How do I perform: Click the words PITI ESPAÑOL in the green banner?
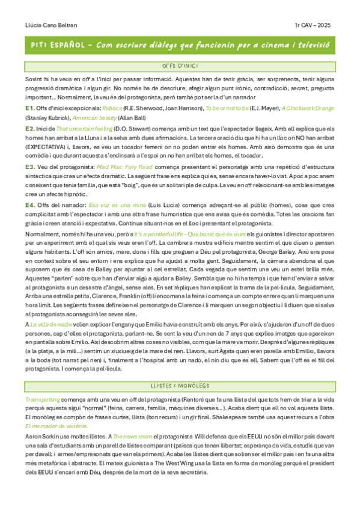[58, 46]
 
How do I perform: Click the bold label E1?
[29, 108]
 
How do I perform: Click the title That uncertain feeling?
[81, 129]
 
